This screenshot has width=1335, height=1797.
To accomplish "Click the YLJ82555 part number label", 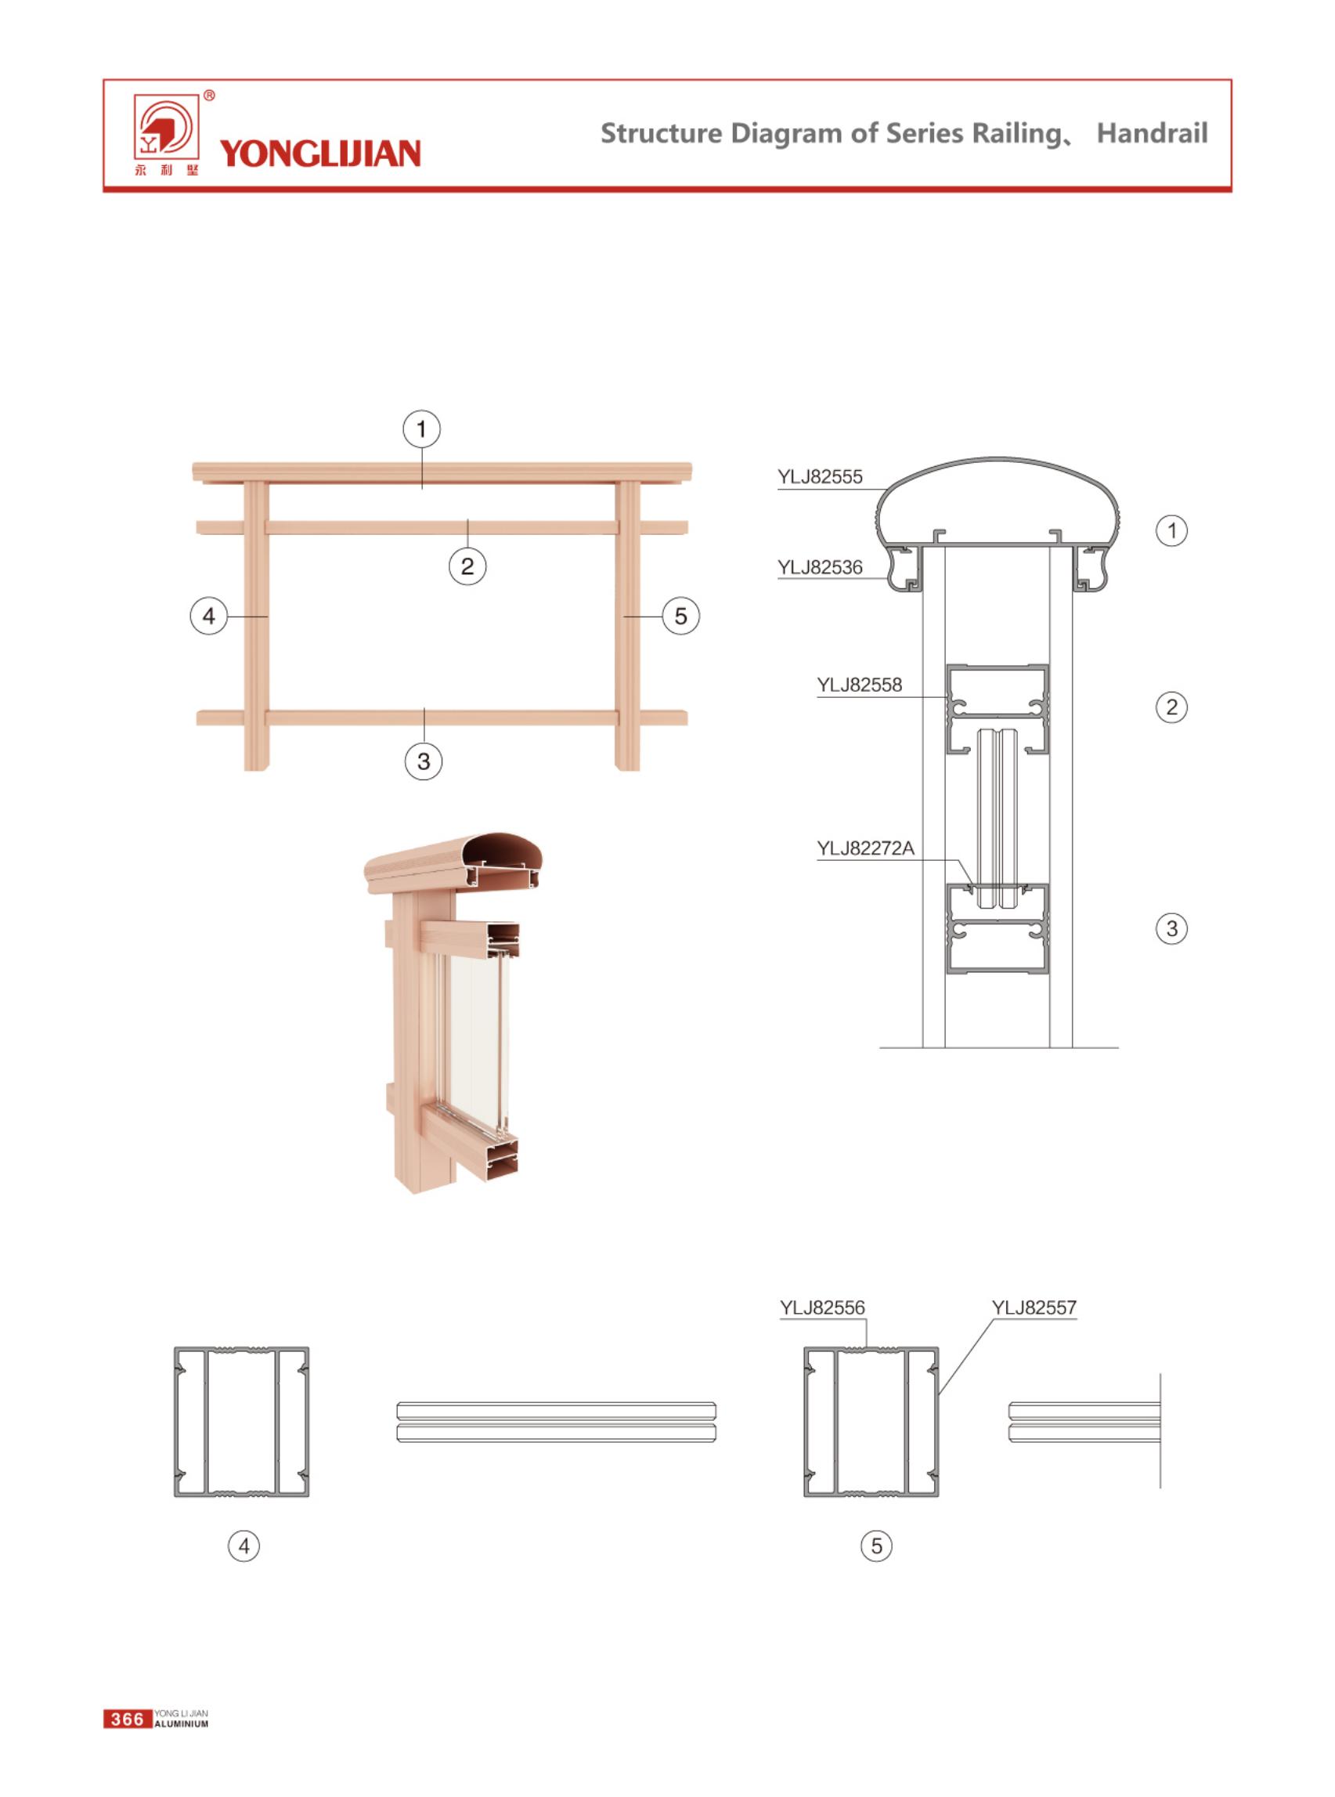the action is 821,477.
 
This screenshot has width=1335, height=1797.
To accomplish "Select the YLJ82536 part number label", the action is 821,567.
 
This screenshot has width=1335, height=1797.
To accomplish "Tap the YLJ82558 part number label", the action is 859,685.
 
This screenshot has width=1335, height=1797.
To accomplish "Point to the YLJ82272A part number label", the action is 865,848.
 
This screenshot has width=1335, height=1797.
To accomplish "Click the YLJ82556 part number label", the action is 823,1307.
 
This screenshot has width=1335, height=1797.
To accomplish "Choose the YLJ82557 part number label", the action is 1034,1307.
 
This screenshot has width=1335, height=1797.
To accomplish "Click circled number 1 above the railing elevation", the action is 422,429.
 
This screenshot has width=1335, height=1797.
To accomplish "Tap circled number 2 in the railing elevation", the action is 467,566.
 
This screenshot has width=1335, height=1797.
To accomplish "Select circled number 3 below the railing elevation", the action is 424,761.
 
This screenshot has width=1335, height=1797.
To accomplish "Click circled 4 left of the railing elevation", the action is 208,616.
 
